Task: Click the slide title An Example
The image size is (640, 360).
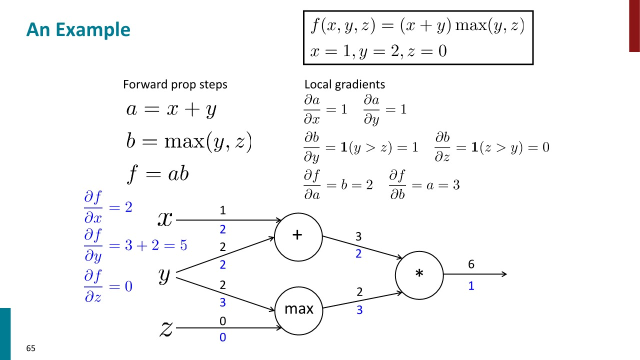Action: pos(78,30)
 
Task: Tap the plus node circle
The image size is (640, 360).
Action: pos(298,237)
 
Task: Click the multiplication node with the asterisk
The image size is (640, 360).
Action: pos(419,274)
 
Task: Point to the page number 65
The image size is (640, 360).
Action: pos(31,348)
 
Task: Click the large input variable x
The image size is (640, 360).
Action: pos(165,218)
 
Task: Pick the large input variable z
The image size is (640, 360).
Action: pos(166,328)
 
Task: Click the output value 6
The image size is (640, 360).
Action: pos(471,264)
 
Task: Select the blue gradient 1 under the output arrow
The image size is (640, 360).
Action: pos(471,287)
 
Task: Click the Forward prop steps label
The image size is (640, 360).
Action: pos(175,84)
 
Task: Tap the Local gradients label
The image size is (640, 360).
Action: pos(344,84)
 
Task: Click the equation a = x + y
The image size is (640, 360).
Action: pos(171,109)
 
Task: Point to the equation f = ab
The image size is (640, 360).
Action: pos(157,174)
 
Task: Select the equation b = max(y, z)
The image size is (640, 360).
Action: pos(189,142)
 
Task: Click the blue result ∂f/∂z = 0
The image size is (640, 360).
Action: pos(108,287)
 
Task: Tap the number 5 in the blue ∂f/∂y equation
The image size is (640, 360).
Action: pos(183,245)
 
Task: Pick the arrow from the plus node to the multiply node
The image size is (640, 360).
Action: pos(362,247)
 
